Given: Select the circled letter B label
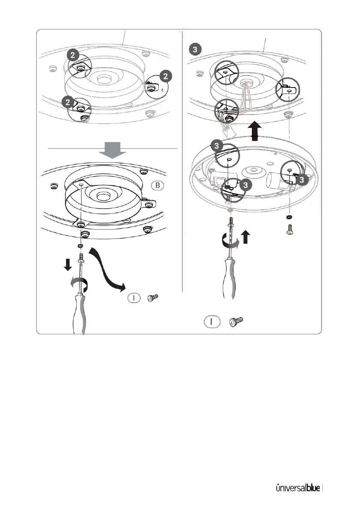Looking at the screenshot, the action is tap(157, 186).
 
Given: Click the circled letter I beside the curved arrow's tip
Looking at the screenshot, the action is tap(134, 298).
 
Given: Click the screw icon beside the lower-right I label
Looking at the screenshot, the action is tap(236, 321).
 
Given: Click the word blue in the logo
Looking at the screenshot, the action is tap(312, 488).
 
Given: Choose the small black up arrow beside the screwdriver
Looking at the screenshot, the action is tap(245, 237).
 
